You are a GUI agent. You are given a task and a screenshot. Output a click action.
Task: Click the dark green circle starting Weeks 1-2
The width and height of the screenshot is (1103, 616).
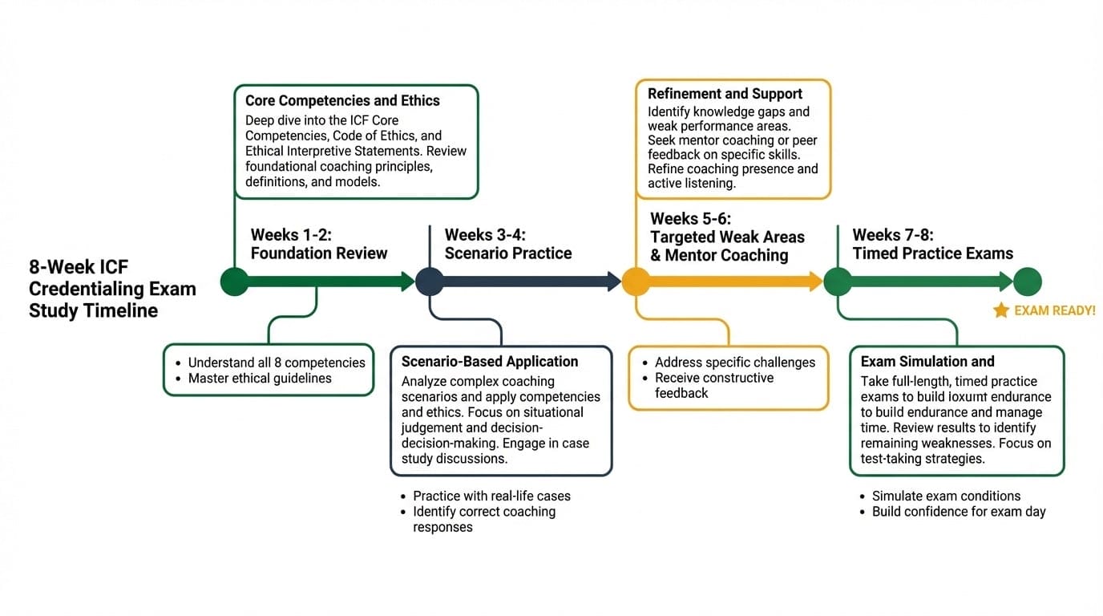[234, 282]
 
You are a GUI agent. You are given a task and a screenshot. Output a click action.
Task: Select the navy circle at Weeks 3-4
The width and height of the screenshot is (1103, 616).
[429, 282]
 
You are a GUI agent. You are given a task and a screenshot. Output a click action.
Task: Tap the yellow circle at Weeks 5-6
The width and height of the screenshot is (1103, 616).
[636, 282]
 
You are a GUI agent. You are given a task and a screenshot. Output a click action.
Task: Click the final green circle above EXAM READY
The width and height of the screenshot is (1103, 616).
[1027, 282]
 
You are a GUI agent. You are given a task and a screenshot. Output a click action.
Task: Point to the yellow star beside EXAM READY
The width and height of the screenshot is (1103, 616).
[1000, 310]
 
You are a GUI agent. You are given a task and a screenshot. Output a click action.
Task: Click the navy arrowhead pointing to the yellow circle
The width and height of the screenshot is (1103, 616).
[614, 282]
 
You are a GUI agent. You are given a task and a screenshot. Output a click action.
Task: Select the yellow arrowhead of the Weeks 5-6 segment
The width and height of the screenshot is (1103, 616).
[815, 282]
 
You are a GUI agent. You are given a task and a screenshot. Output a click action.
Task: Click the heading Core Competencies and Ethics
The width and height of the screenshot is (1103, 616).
[342, 101]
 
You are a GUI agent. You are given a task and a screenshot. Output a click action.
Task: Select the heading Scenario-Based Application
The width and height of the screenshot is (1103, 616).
[490, 362]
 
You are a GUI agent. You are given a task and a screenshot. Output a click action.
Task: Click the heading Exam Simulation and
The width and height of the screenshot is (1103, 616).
[927, 362]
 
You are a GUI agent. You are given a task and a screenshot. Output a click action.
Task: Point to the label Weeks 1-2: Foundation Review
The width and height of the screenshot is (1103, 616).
[319, 244]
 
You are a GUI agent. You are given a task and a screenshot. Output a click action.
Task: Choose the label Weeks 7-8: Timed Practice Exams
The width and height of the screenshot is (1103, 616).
[932, 245]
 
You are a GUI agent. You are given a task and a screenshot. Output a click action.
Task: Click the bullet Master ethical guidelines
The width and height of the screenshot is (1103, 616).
[260, 379]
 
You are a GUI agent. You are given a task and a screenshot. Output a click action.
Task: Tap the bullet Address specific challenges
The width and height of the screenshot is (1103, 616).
[734, 363]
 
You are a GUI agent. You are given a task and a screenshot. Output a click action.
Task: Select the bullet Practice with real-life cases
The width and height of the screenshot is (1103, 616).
[491, 496]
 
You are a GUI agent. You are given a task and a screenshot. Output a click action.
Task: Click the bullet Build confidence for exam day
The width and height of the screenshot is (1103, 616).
[959, 512]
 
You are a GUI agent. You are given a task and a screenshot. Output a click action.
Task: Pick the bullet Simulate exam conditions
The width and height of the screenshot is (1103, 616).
[946, 496]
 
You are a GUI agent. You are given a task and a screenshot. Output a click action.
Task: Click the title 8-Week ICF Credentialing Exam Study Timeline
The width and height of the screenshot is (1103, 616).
[112, 289]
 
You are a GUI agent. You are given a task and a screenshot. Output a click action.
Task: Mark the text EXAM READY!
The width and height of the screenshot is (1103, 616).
[1054, 310]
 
